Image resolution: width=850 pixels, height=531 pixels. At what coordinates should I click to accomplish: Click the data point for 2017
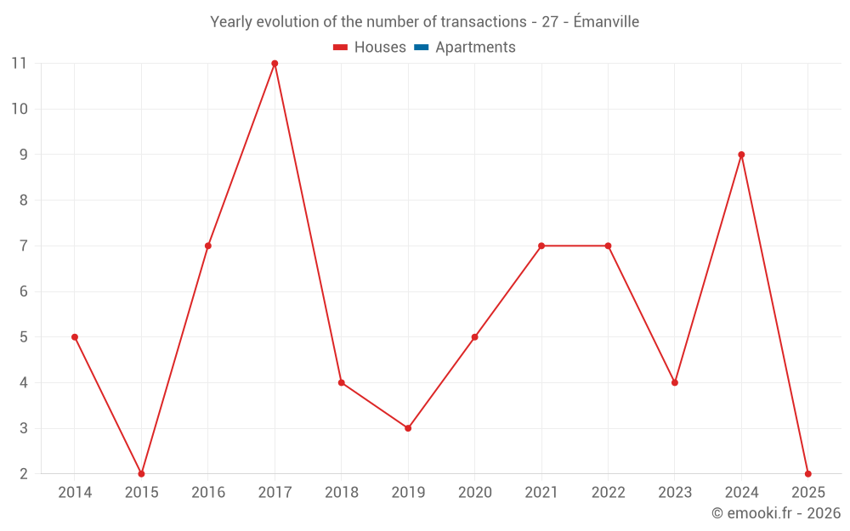[x=275, y=64]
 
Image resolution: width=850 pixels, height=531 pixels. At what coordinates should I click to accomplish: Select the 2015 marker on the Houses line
[x=141, y=473]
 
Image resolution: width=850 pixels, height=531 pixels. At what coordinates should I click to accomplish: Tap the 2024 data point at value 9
[x=741, y=155]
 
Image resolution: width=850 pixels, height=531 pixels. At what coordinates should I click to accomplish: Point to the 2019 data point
[x=408, y=428]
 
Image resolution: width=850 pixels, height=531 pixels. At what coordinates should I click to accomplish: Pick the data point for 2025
[x=807, y=473]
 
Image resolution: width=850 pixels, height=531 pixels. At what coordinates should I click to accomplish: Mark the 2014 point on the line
[x=75, y=337]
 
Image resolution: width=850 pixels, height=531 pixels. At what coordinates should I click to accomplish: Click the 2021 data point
[x=541, y=246]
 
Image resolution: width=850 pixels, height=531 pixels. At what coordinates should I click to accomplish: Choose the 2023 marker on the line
[x=675, y=382]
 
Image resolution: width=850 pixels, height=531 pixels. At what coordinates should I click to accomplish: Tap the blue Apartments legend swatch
[x=422, y=48]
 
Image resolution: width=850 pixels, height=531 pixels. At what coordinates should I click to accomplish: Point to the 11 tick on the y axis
[x=19, y=63]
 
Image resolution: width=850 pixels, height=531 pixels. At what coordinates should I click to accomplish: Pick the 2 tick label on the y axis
[x=23, y=474]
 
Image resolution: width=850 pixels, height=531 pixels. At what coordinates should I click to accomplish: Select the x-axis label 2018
[x=341, y=493]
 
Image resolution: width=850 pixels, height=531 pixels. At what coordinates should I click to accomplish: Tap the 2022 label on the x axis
[x=608, y=493]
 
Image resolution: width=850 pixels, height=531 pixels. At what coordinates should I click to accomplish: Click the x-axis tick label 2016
[x=208, y=493]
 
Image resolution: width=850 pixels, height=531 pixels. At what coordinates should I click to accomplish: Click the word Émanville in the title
[x=606, y=22]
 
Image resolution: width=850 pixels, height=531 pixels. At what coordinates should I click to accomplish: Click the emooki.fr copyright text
[x=776, y=513]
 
